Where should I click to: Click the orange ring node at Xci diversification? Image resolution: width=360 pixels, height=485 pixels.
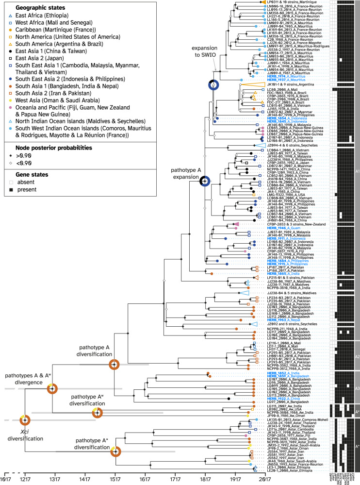click(24, 407)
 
